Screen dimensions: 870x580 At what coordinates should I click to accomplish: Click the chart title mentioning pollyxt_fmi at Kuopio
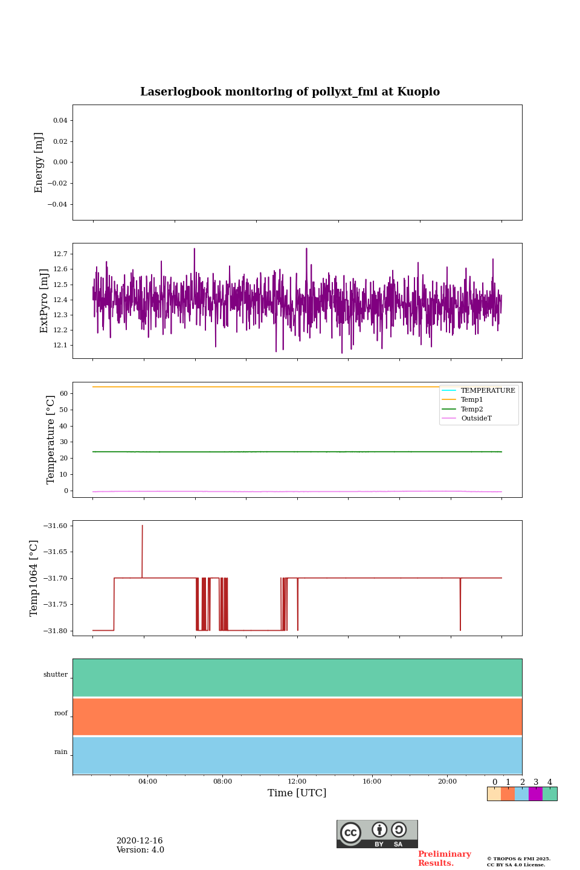pyautogui.click(x=290, y=92)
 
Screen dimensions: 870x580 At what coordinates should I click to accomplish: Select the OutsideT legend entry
pyautogui.click(x=476, y=419)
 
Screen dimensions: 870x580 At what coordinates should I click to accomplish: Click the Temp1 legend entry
pyautogui.click(x=472, y=400)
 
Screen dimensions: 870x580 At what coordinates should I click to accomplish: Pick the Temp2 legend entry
pyautogui.click(x=472, y=409)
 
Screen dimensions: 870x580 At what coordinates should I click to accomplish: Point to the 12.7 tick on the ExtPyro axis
pyautogui.click(x=60, y=254)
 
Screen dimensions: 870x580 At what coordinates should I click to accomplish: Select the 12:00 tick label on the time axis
pyautogui.click(x=297, y=781)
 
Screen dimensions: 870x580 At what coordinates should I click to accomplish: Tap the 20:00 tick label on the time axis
pyautogui.click(x=447, y=781)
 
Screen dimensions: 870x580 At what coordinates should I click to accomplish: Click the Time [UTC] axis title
pyautogui.click(x=297, y=793)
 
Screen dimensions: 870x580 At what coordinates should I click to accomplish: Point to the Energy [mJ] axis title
pyautogui.click(x=39, y=163)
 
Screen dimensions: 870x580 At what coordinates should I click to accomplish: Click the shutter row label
pyautogui.click(x=56, y=675)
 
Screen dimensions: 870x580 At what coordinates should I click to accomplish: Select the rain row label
pyautogui.click(x=61, y=752)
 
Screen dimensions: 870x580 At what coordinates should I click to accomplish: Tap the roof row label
pyautogui.click(x=61, y=714)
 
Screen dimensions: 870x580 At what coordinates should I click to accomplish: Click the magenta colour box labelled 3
pyautogui.click(x=535, y=794)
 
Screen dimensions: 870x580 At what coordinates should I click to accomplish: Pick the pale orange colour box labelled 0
pyautogui.click(x=494, y=794)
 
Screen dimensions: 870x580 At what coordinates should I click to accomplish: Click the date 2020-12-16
pyautogui.click(x=140, y=841)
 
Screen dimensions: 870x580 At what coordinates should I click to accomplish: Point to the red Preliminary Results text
pyautogui.click(x=444, y=859)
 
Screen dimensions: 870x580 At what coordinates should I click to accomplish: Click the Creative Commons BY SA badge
pyautogui.click(x=377, y=834)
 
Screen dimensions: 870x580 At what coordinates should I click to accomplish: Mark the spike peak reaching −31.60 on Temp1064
pyautogui.click(x=143, y=526)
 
